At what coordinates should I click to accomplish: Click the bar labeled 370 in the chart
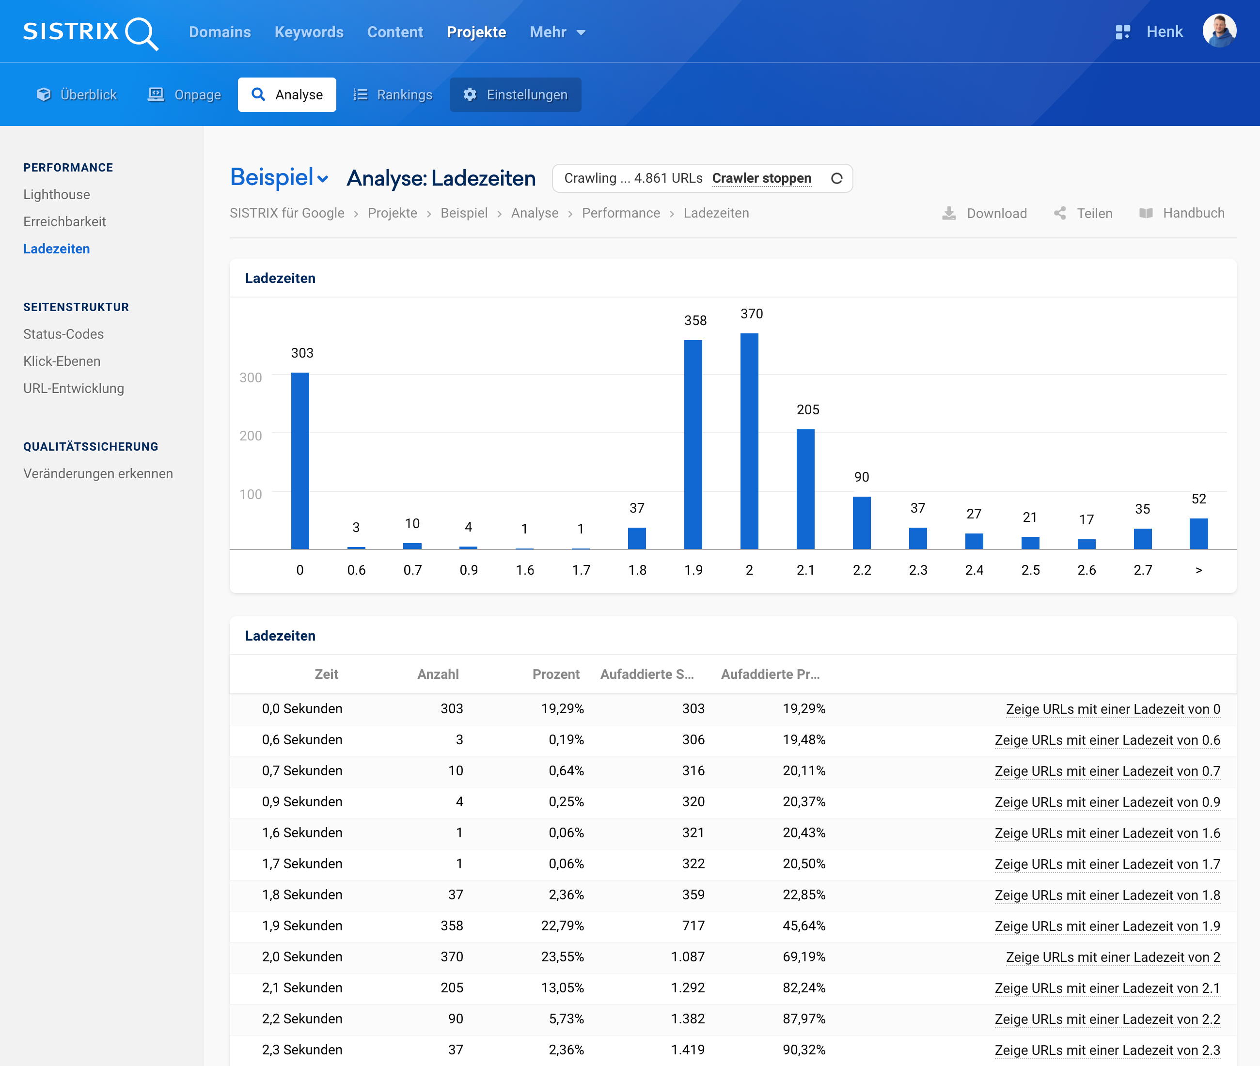[x=749, y=441]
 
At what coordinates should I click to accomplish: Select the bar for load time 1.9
[x=693, y=444]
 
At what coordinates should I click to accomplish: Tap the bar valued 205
[x=805, y=489]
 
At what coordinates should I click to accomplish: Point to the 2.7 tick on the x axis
[x=1142, y=570]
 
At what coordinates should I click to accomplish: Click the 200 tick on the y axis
[x=250, y=436]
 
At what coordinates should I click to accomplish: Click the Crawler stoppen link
[x=761, y=178]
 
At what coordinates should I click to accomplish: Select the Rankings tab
[x=393, y=95]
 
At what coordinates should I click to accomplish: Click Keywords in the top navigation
[x=309, y=32]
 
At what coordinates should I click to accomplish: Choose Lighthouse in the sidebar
[x=56, y=195]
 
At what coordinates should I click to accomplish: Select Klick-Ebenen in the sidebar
[x=62, y=361]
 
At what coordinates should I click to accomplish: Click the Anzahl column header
[x=438, y=674]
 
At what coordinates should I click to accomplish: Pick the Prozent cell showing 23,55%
[x=562, y=956]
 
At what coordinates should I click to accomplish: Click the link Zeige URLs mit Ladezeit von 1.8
[x=1107, y=895]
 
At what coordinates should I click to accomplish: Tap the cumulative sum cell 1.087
[x=688, y=956]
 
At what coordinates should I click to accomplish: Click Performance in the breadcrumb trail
[x=621, y=213]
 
